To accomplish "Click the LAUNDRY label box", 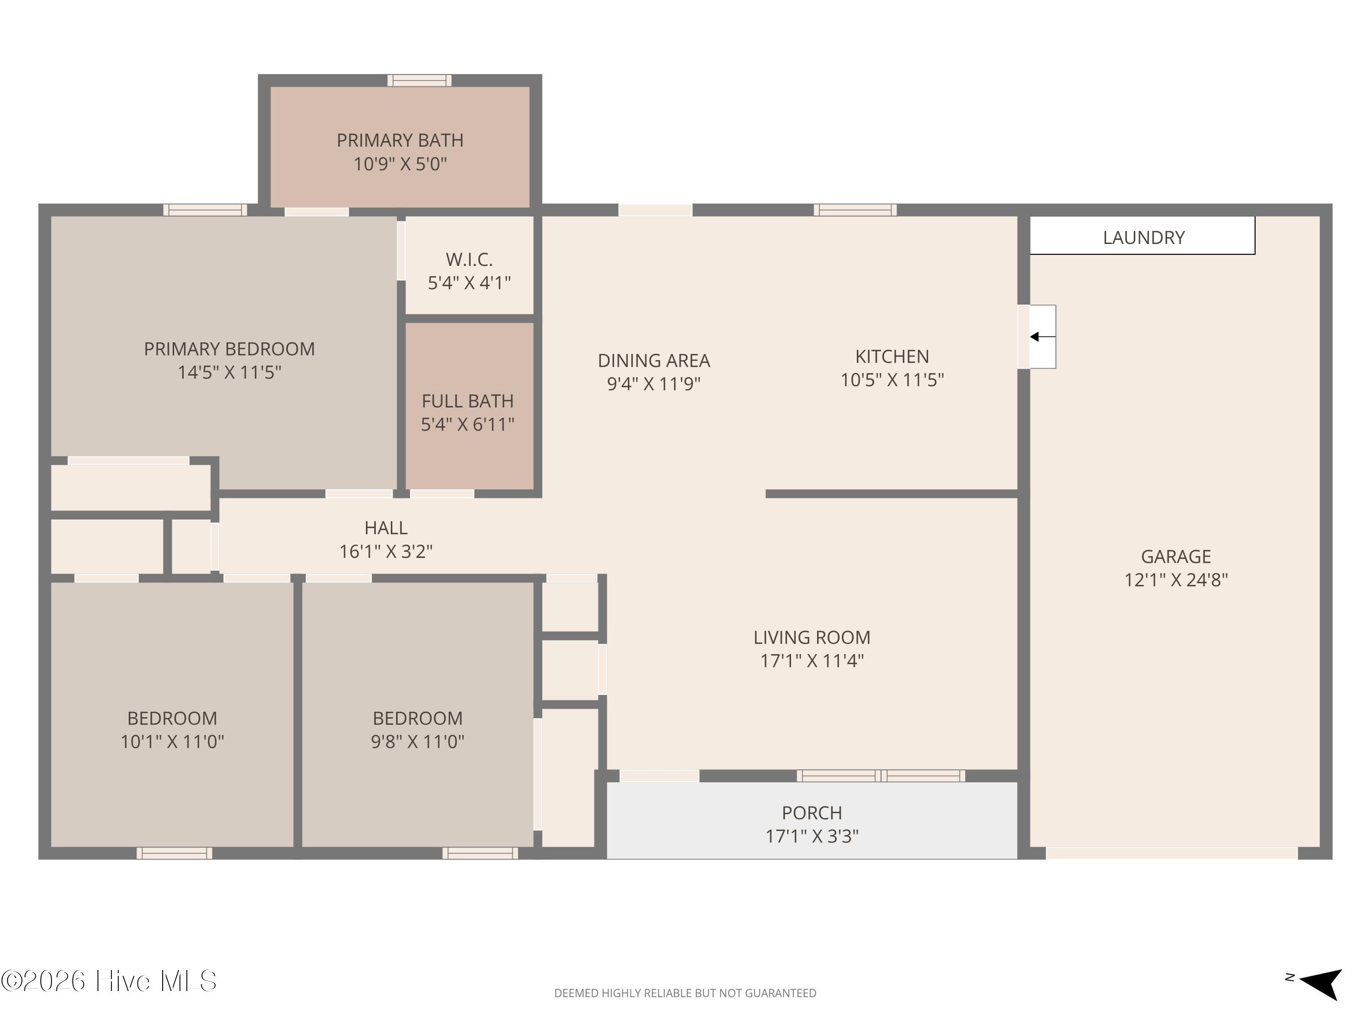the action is [x=1142, y=235].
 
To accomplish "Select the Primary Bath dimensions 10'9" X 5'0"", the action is [x=400, y=164].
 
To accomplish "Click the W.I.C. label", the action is [x=469, y=259].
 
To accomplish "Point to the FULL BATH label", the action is [x=468, y=402].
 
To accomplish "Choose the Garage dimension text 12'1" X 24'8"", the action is [x=1176, y=580].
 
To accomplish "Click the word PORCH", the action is [x=812, y=813].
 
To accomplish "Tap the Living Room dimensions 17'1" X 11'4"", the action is [x=812, y=661].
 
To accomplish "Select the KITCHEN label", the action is [x=893, y=357].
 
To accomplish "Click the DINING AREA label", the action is [x=654, y=360].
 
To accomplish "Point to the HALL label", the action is [x=386, y=528].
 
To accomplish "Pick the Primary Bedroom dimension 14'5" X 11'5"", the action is [x=230, y=372].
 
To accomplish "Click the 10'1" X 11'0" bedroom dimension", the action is [x=172, y=742].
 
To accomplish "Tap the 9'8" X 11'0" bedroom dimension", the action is [x=418, y=742].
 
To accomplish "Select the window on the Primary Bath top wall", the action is [x=420, y=80].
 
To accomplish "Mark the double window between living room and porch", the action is [x=881, y=776].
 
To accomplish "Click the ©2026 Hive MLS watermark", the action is [x=109, y=981].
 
